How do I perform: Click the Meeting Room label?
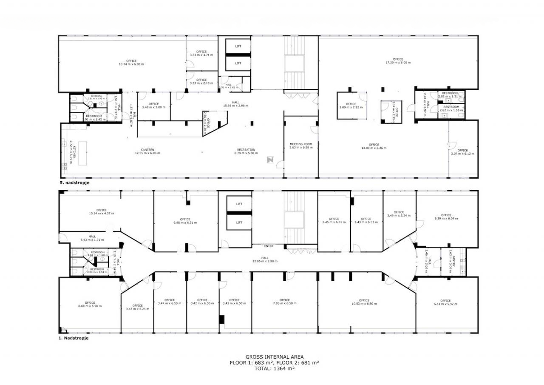[301, 144]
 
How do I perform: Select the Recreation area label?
[246, 150]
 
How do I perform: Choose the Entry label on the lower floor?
[269, 246]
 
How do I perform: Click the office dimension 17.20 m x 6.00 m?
[398, 63]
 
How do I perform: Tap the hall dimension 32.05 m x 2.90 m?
[265, 261]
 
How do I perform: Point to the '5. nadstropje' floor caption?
[75, 182]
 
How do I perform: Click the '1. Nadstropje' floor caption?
[74, 339]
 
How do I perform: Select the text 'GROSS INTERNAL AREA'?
[275, 357]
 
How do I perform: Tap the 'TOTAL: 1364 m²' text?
[275, 368]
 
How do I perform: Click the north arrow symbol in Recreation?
[270, 160]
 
